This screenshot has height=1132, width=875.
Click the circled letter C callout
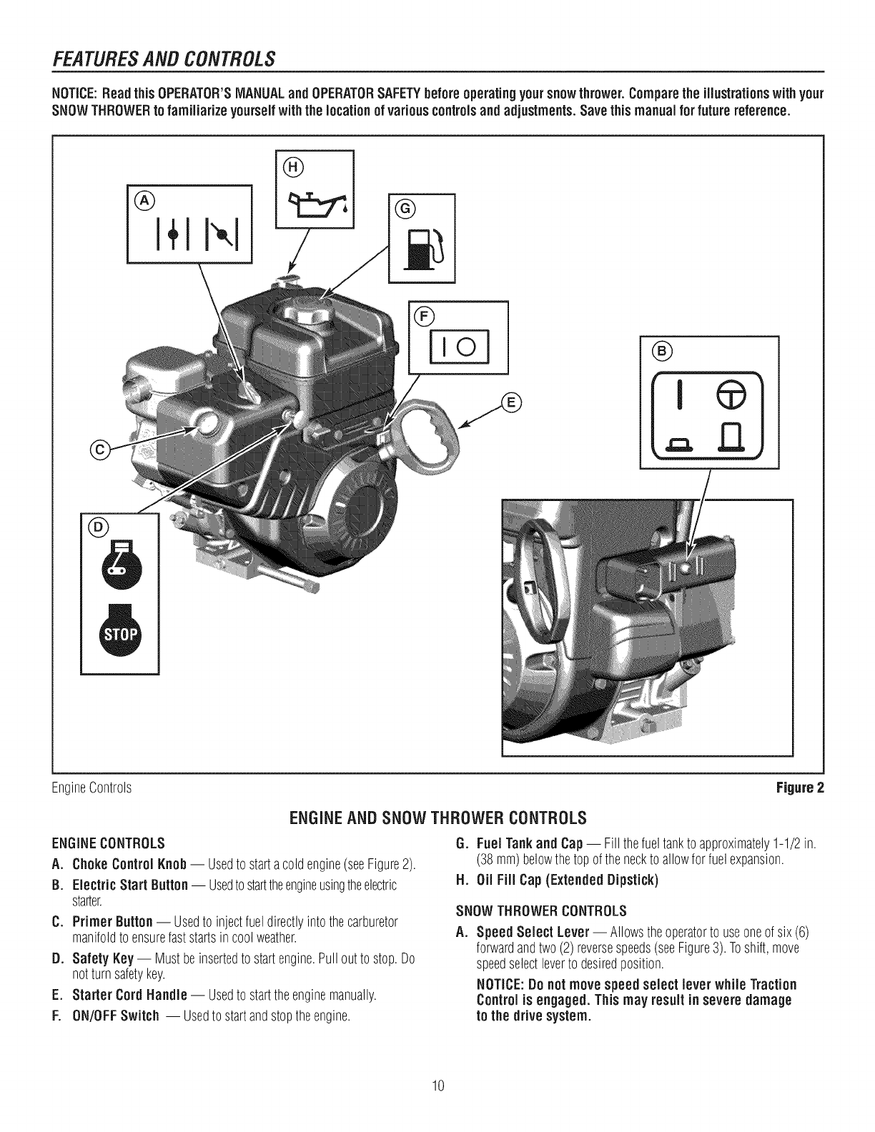click(102, 449)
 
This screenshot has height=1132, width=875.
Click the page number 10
click(438, 1086)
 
